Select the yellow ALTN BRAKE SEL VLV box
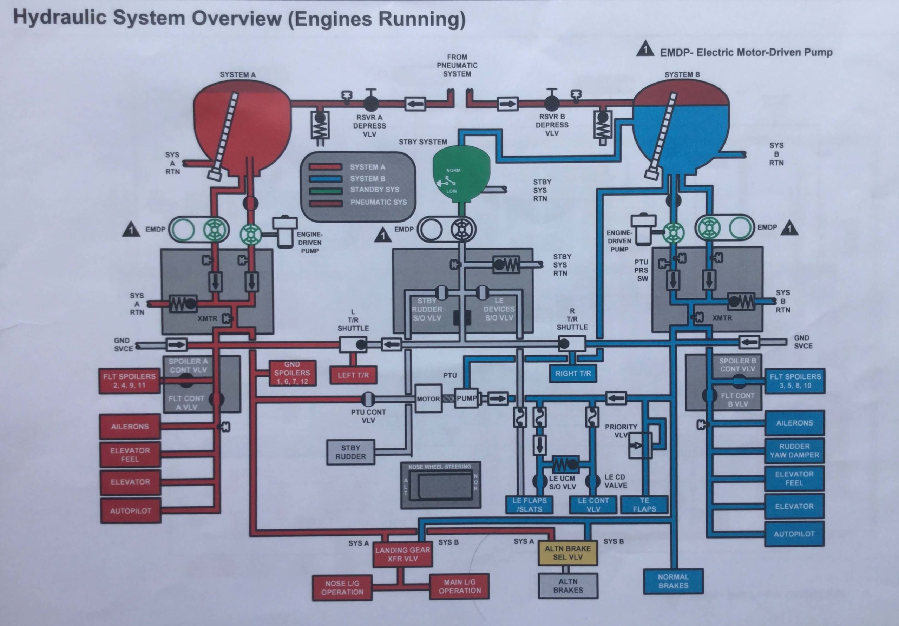point(568,553)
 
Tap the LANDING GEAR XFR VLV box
point(402,554)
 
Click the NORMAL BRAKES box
point(673,581)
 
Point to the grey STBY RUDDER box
point(350,452)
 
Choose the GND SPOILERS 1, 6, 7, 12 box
point(292,373)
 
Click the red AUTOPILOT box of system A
point(130,511)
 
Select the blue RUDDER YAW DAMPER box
point(794,450)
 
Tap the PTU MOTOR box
point(428,399)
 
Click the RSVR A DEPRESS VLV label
point(369,126)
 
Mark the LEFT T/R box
point(353,375)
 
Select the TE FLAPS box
point(644,505)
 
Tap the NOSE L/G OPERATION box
point(342,588)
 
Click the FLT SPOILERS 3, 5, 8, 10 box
point(795,381)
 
